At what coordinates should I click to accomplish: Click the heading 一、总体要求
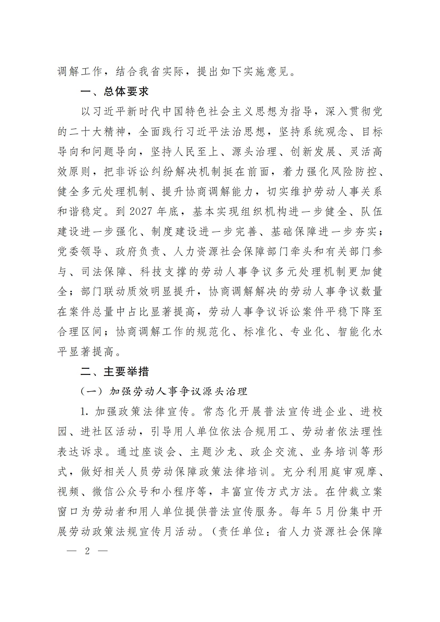tap(115, 92)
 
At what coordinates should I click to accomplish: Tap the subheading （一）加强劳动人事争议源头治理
tap(164, 392)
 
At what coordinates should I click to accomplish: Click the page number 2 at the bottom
tap(87, 551)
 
